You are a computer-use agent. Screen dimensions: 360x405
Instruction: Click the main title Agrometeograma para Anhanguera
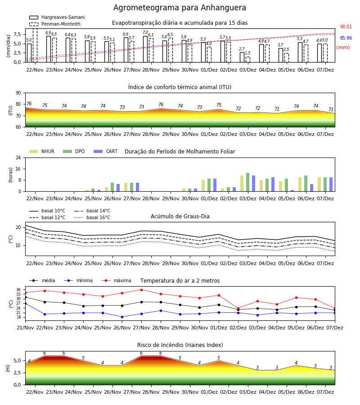click(x=180, y=8)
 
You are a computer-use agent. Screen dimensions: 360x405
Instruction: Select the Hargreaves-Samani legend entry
click(x=57, y=17)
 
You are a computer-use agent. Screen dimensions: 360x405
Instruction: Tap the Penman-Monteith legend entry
click(x=55, y=24)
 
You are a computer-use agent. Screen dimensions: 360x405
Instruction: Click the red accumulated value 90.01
click(x=346, y=27)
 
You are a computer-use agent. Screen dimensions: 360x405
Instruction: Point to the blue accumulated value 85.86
click(x=346, y=38)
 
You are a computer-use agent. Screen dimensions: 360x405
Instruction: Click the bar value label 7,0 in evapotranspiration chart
click(x=145, y=32)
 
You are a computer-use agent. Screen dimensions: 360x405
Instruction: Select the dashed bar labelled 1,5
click(x=248, y=59)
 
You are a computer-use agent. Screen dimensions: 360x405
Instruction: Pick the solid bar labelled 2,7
click(x=242, y=57)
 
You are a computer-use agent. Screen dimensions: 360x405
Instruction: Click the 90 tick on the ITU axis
click(x=18, y=93)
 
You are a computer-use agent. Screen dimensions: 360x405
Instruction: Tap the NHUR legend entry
click(x=42, y=151)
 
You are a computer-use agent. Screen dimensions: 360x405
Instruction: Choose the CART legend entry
click(x=106, y=151)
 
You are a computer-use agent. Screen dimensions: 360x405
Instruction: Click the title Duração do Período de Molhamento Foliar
click(x=180, y=152)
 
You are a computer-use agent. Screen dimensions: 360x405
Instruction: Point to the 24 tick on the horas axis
click(x=18, y=157)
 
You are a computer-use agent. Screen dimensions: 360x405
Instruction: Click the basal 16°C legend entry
click(x=92, y=217)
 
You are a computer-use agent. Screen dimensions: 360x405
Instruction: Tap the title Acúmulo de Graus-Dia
click(x=180, y=216)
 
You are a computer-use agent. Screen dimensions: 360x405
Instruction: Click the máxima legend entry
click(x=116, y=280)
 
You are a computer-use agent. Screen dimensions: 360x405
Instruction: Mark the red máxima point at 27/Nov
click(x=141, y=290)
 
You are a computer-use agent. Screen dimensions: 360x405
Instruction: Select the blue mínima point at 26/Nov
click(x=122, y=317)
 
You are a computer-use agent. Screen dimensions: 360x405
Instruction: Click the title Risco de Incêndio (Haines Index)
click(x=180, y=345)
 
